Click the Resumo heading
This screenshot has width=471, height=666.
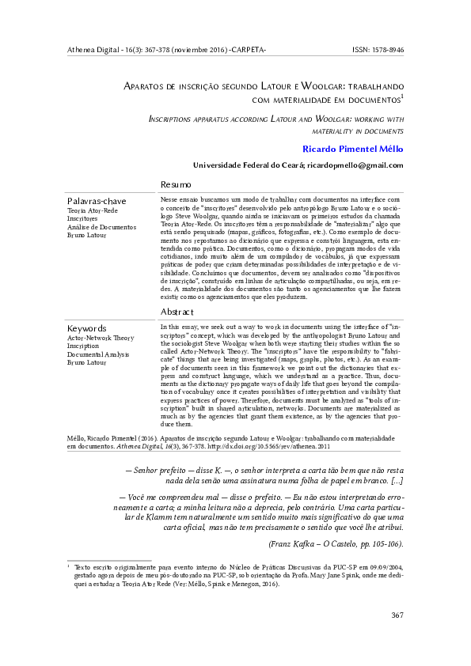click(176, 184)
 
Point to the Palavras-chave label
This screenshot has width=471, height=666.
click(97, 201)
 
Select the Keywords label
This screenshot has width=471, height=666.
click(86, 327)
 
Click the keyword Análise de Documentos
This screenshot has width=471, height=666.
click(101, 227)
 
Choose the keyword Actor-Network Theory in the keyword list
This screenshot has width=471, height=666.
click(101, 338)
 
